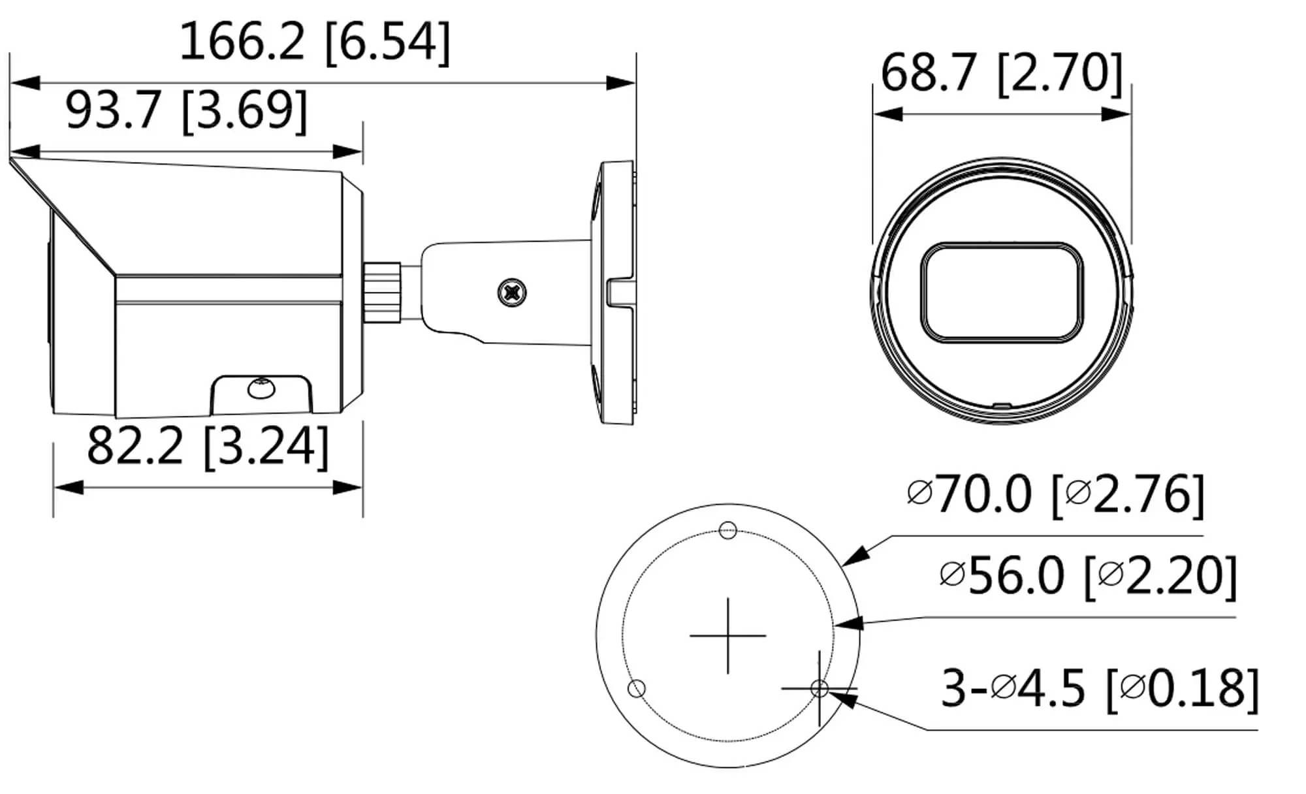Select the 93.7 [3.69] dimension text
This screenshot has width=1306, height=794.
(186, 111)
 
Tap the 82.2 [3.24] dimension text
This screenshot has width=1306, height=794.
(208, 447)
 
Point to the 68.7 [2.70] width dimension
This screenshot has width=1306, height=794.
(1001, 73)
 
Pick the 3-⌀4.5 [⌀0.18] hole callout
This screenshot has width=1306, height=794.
(1099, 688)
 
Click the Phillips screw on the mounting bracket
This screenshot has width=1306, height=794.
(512, 292)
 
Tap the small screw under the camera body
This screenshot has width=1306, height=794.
(261, 388)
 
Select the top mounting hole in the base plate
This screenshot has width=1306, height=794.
(727, 530)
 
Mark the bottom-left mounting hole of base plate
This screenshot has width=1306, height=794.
(636, 688)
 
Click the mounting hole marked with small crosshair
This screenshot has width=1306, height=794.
(819, 688)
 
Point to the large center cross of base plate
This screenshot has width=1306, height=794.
(727, 635)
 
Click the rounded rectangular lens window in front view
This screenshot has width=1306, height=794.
(1002, 292)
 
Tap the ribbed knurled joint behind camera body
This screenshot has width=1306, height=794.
(382, 292)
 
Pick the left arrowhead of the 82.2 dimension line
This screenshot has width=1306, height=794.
(68, 487)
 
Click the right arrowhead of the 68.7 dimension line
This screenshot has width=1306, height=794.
(1117, 114)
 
